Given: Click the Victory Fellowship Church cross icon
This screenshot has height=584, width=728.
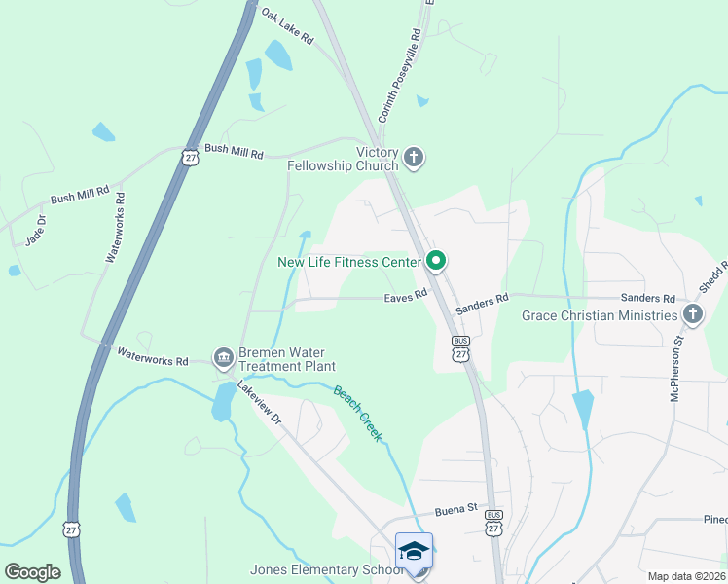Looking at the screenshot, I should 414,158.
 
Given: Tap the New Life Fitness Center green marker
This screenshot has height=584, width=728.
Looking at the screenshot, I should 437,260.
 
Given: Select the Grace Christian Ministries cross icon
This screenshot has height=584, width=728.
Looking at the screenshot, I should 692,313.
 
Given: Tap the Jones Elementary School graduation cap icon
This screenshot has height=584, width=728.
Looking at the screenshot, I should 414,551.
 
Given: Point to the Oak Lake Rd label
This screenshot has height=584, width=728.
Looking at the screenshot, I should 287,26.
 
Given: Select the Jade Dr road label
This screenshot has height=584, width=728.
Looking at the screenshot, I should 35,231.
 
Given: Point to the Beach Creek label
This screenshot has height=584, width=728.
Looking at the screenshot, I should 356,413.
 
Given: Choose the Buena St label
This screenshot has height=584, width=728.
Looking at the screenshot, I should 455,508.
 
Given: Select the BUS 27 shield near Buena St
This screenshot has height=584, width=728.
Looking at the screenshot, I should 494,523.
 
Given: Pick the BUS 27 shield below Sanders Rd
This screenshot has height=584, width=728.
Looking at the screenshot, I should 461,348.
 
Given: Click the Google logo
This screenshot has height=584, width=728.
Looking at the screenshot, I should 32,572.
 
